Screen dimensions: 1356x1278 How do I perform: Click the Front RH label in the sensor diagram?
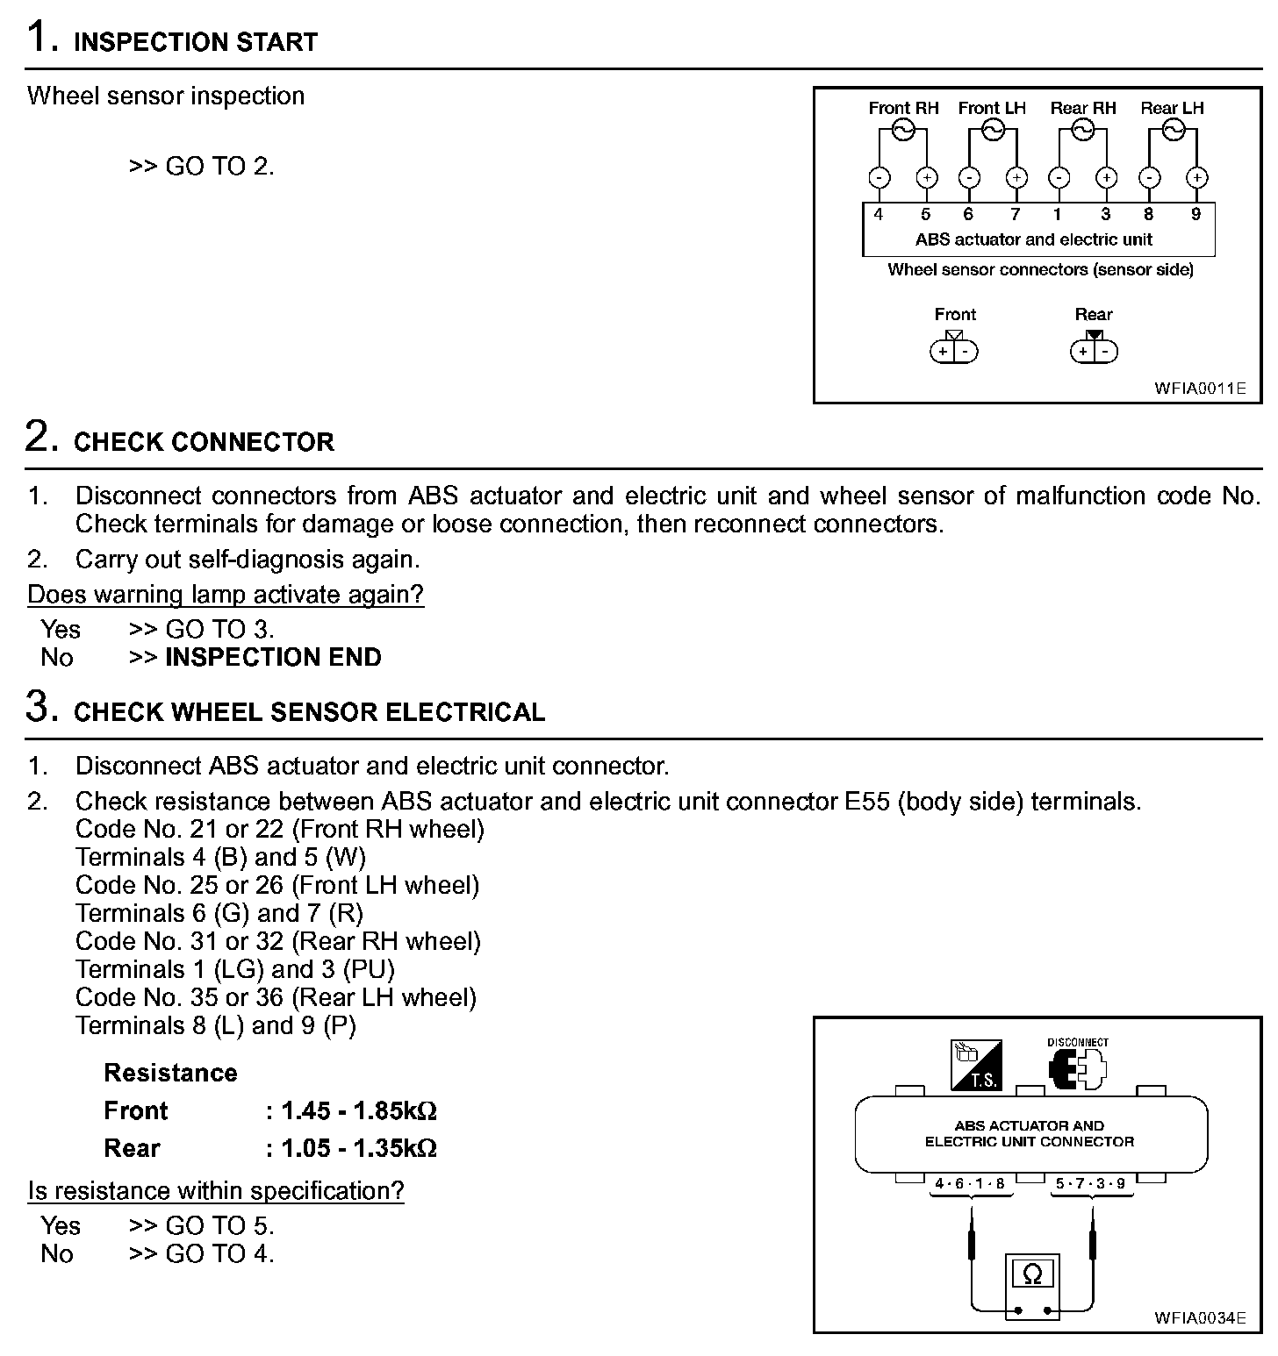tap(903, 108)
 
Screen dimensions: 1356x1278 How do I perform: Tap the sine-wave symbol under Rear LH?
tap(1173, 131)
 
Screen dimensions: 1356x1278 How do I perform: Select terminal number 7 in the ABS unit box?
tap(1016, 214)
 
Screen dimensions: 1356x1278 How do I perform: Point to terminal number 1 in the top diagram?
tap(1058, 214)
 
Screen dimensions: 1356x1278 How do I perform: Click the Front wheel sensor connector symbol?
tap(954, 350)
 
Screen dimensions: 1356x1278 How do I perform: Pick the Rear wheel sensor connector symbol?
tap(1094, 350)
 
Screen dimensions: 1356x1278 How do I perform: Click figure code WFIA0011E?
tap(1199, 388)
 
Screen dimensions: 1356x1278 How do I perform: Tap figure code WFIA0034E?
tap(1199, 1317)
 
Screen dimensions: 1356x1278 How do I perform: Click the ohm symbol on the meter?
tap(1032, 1274)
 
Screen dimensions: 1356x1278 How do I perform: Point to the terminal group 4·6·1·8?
tap(970, 1183)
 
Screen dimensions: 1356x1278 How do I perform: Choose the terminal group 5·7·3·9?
tap(1090, 1183)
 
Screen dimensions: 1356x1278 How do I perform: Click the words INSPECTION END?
tap(273, 657)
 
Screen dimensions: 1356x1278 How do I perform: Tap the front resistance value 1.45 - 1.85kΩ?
tap(359, 1110)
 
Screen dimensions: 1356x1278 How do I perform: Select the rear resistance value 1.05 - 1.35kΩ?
tap(359, 1148)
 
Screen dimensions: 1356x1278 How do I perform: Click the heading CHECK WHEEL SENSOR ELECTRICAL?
tap(309, 711)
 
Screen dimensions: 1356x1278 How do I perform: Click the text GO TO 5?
tap(219, 1225)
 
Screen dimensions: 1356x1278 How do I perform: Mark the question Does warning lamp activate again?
tap(226, 594)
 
